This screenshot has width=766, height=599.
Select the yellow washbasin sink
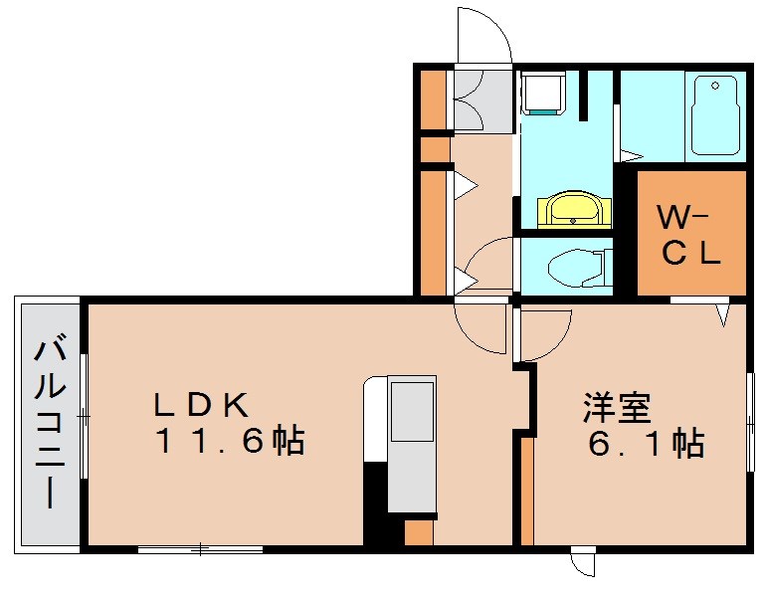[x=568, y=211]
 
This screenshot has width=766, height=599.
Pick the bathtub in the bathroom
[x=715, y=115]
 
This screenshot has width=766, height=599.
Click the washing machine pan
[x=542, y=96]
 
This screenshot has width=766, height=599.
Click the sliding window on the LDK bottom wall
[x=200, y=548]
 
